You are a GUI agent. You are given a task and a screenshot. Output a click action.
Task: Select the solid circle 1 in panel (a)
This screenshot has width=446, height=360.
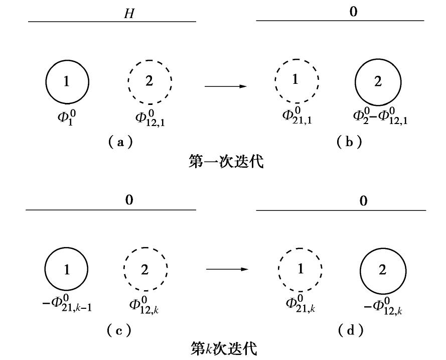67,81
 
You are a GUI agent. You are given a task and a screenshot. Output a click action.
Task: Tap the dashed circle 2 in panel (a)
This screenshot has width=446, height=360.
150,81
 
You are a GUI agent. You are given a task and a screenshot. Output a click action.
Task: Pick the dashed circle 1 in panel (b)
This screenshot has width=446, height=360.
296,80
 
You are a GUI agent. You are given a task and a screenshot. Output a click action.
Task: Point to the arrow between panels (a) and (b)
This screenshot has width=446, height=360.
226,86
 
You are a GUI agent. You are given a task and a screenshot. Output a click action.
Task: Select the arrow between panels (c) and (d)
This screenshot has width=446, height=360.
227,269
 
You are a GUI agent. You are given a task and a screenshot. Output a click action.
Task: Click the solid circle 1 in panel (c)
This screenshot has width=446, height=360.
67,270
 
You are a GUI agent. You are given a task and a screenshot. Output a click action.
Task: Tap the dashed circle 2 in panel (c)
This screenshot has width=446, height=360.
145,270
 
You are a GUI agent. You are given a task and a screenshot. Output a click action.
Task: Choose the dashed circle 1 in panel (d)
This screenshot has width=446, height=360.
301,269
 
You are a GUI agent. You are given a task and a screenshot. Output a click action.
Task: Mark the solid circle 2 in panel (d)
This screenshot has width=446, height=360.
383,270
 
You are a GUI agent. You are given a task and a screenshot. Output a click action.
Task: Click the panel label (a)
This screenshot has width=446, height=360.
120,142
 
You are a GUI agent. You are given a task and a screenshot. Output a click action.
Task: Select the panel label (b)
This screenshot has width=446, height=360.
350,142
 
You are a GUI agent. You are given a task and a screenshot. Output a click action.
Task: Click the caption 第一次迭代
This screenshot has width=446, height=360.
226,162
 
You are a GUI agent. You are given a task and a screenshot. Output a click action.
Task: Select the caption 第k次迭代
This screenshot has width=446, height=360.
224,348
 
